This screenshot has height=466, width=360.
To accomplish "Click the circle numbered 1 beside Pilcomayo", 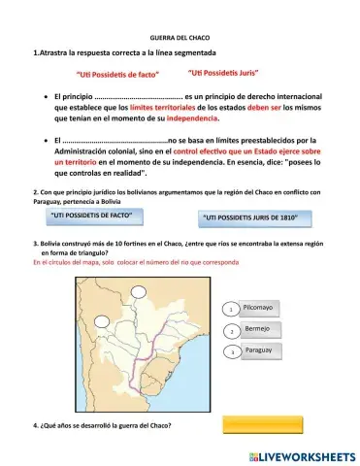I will click(231, 310).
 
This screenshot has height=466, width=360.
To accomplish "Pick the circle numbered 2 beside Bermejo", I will click(231, 331).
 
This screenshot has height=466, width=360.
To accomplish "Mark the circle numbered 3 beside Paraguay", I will click(231, 351).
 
